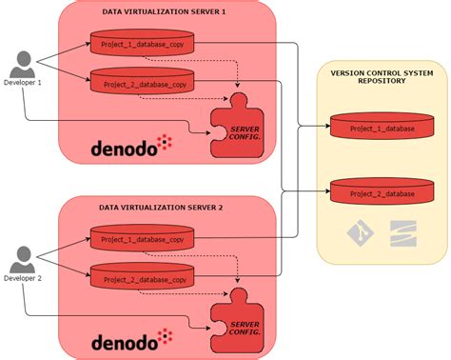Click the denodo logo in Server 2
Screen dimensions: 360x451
pyautogui.click(x=131, y=340)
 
